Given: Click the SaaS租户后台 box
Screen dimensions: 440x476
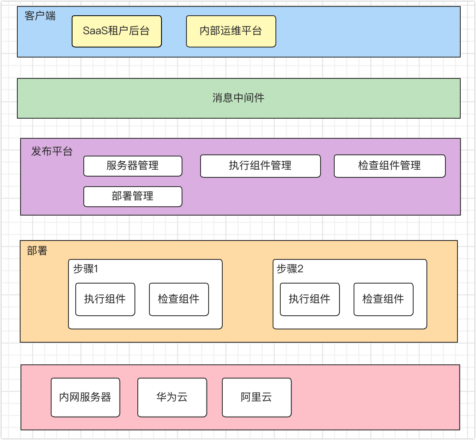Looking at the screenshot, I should pos(116,31).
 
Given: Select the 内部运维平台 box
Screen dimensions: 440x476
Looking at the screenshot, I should pos(231,31).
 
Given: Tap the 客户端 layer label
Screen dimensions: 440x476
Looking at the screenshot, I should pos(40,16).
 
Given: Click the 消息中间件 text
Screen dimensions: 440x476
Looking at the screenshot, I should pos(238,98).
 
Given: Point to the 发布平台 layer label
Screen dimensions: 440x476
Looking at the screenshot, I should pos(52,152).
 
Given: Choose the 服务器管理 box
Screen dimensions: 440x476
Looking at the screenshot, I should pos(132,166).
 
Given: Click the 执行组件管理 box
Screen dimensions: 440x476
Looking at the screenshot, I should pos(260,166).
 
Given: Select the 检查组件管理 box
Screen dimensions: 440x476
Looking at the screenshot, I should pos(389,166).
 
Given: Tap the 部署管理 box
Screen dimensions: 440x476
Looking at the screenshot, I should pos(132,196).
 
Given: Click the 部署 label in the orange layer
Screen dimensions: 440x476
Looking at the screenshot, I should pos(37,251).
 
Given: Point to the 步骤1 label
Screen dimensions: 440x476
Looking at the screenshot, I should pos(85,269).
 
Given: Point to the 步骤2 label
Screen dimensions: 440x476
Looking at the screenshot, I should pos(290,269).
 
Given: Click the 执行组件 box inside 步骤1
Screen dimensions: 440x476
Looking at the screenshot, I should pos(105,299).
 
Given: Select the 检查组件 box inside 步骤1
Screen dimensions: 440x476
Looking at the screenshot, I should pos(179,299).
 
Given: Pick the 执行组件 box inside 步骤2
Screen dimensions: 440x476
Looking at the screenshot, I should pos(310,299).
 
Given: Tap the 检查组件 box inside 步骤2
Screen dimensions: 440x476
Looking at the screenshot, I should pos(383,299).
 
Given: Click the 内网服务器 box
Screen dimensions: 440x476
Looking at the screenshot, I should pos(85,397).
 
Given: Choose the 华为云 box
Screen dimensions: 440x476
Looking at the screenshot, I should pos(172,397).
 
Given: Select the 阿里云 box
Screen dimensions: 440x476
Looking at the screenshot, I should pos(257,397).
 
